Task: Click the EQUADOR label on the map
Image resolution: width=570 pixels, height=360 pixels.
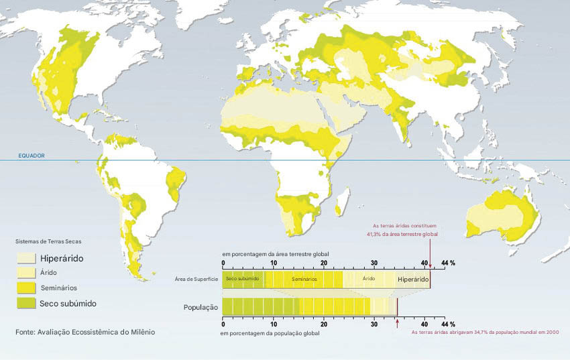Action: (x=32, y=156)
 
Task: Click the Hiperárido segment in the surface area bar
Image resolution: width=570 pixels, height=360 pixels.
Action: (x=412, y=279)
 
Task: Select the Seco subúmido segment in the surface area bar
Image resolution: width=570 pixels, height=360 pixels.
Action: (x=243, y=278)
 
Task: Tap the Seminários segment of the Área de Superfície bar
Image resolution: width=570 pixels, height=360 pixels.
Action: (x=303, y=278)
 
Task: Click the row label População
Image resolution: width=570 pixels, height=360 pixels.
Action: (x=201, y=307)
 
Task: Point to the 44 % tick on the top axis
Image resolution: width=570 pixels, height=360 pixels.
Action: (x=448, y=263)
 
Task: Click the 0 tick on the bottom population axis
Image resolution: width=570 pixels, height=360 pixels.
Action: (x=223, y=323)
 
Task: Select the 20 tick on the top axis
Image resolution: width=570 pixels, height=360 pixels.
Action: (x=324, y=263)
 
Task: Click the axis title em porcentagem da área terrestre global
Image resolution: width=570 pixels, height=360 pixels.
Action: (x=275, y=255)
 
